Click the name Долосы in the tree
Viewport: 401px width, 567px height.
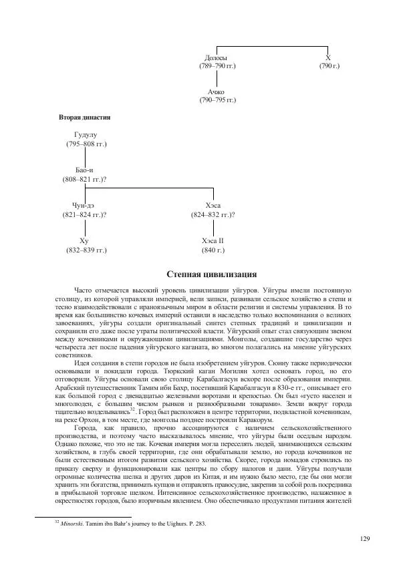(x=216, y=58)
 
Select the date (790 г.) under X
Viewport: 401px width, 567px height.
(x=329, y=67)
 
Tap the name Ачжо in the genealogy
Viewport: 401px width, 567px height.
(x=216, y=91)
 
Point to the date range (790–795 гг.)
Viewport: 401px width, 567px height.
(x=217, y=100)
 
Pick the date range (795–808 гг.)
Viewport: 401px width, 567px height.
(x=86, y=144)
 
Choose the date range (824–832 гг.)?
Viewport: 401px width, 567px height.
(x=213, y=215)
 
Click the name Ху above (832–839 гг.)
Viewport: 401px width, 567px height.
(x=84, y=240)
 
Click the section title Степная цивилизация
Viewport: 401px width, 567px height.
(x=211, y=274)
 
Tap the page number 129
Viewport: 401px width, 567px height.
(x=364, y=539)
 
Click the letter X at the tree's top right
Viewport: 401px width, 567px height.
(x=328, y=58)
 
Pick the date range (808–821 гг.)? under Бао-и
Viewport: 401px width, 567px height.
(x=86, y=180)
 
